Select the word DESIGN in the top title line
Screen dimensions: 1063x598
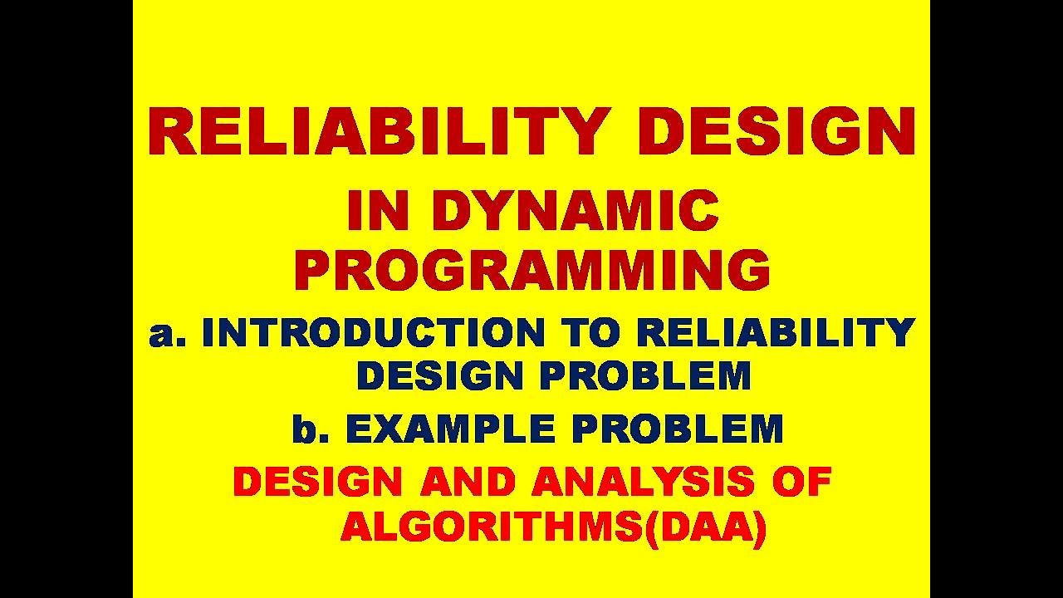coord(776,130)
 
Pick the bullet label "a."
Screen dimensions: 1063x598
coord(167,334)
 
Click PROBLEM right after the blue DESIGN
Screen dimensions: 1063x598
coord(645,375)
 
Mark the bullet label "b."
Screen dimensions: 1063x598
coord(311,429)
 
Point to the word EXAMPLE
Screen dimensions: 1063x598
coord(450,429)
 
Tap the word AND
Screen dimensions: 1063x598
coord(468,482)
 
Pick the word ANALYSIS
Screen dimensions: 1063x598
coord(643,482)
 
